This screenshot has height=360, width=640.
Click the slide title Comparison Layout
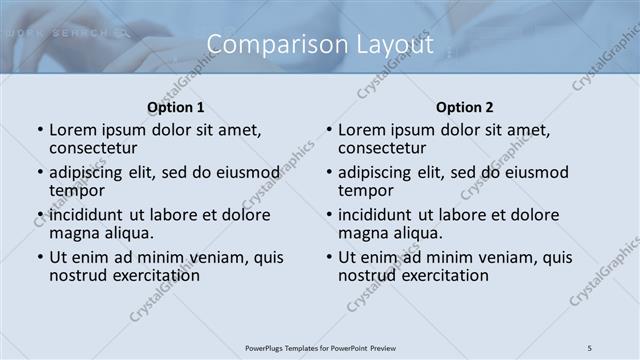coord(320,45)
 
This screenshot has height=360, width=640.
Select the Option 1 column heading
coord(176,107)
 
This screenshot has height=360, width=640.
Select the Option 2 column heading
coord(464,107)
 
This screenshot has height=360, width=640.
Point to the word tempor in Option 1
coord(77,190)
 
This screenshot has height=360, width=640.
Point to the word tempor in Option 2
coord(366,190)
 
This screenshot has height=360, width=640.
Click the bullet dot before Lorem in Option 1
coord(40,130)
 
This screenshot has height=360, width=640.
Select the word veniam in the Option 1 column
coord(219,257)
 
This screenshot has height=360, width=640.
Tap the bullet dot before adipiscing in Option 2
coord(329,173)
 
